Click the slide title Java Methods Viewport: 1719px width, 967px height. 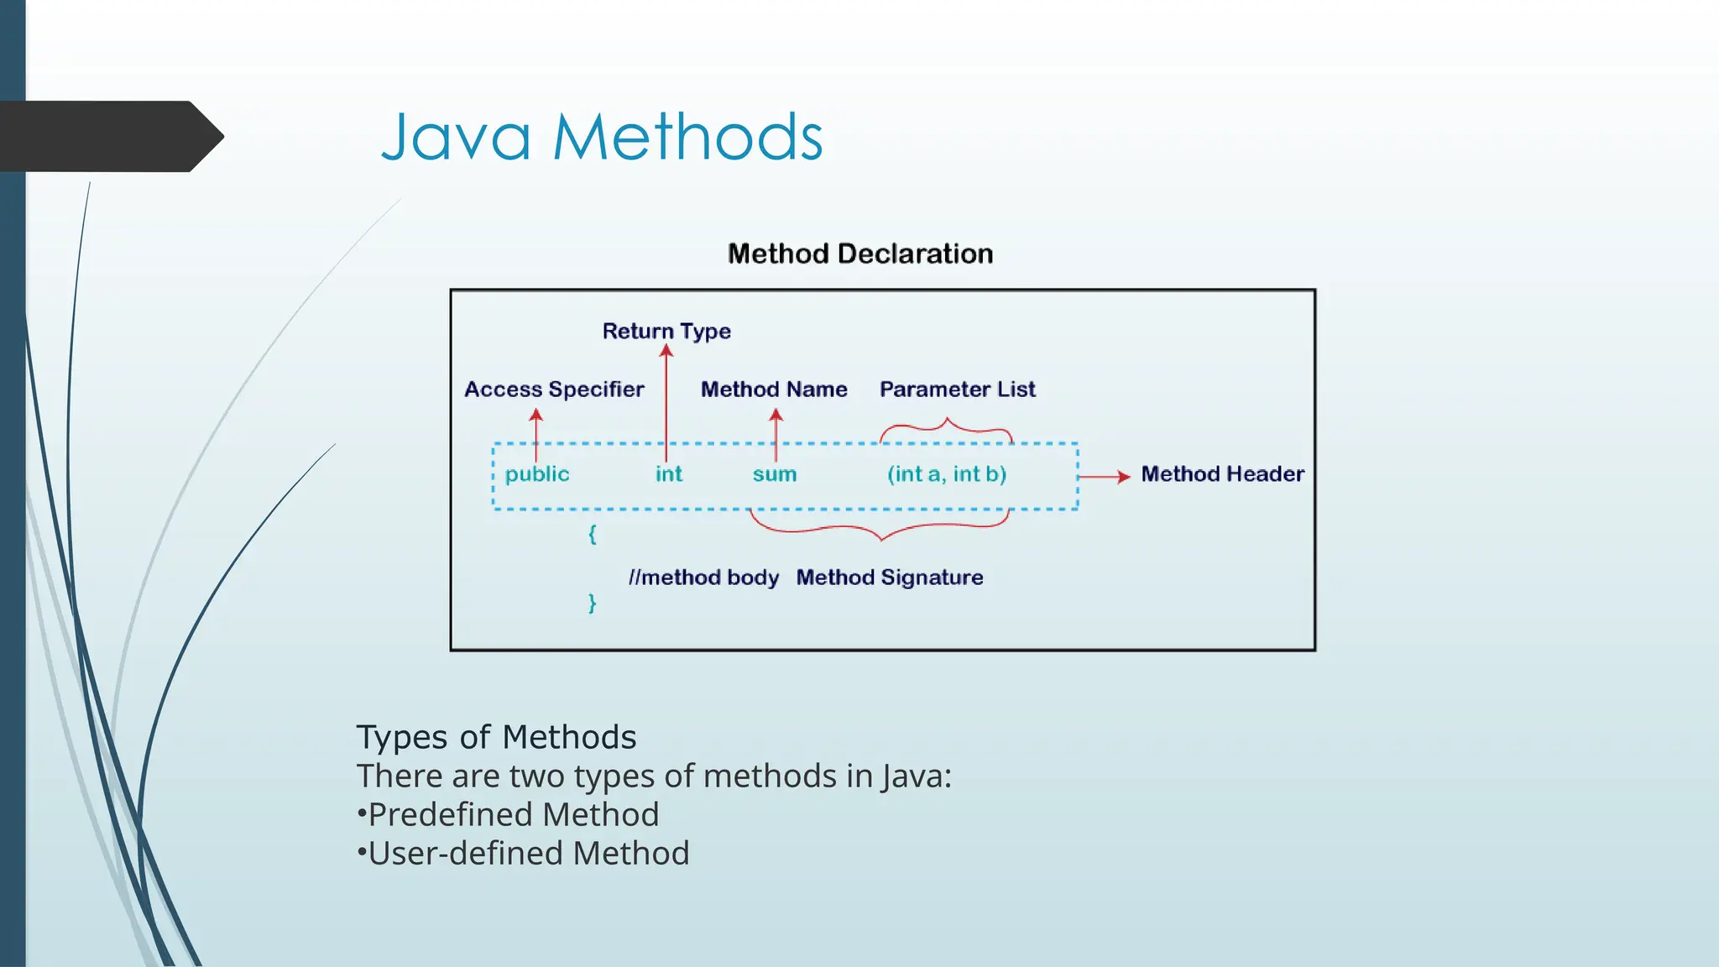tap(602, 138)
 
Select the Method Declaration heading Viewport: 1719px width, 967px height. tap(859, 254)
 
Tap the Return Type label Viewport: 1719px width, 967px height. tap(666, 331)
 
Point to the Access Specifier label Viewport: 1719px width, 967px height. tap(554, 389)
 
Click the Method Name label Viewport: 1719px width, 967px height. tap(774, 389)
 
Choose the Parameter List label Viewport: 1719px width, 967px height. tap(957, 389)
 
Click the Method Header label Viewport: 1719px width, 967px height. tap(1222, 474)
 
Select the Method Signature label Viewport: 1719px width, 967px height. tap(890, 578)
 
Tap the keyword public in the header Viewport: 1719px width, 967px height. tap(537, 474)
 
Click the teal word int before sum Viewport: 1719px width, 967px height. tap(669, 474)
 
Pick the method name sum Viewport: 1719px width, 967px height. tap(774, 474)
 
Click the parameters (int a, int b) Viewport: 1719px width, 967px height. tap(947, 474)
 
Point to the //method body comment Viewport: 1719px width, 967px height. tap(703, 578)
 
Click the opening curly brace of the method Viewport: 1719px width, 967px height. tap(593, 534)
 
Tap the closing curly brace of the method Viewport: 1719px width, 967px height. tap(593, 603)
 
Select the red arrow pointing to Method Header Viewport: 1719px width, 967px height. tap(1104, 477)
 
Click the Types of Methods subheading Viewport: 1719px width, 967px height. tap(496, 737)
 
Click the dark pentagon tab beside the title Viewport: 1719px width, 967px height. tap(109, 136)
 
